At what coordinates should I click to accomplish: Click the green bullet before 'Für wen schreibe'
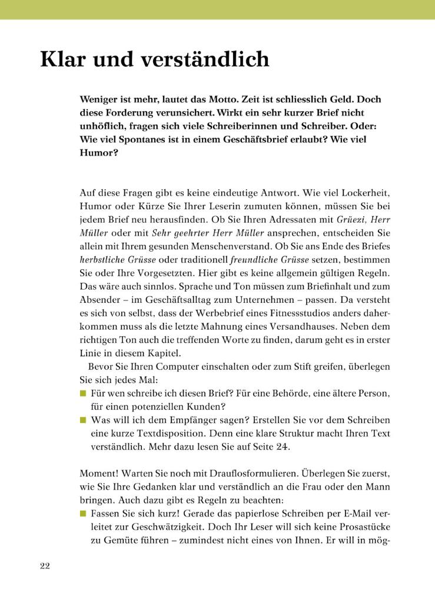[82, 393]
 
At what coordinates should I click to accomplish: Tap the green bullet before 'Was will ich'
[82, 420]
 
